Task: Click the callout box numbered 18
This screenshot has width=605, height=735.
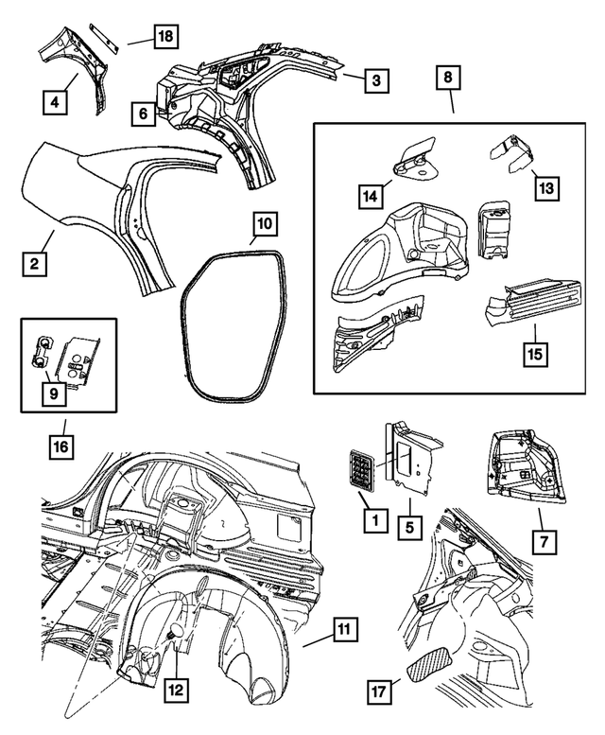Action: [x=164, y=38]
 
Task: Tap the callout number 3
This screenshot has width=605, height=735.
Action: [x=376, y=81]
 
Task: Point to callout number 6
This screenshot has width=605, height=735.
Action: [x=143, y=114]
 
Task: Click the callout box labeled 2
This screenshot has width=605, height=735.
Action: [x=33, y=264]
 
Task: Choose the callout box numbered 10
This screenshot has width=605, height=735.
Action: [x=265, y=224]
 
